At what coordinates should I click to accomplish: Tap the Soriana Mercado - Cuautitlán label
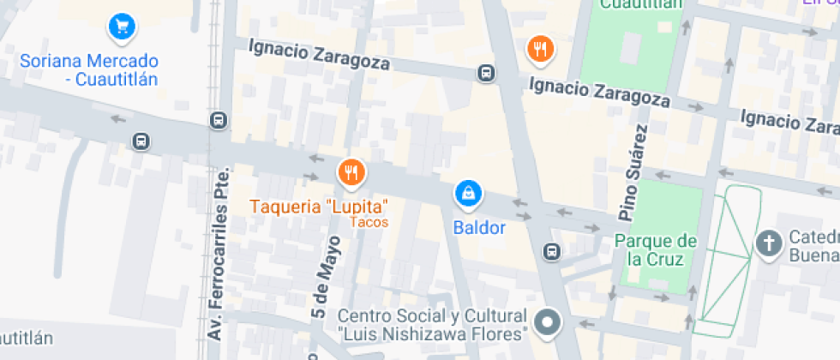[90, 70]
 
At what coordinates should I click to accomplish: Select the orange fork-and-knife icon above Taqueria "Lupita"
[351, 173]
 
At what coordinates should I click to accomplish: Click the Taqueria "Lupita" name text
[319, 207]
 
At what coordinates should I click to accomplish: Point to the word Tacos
[369, 223]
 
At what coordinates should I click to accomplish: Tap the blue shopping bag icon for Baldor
[468, 194]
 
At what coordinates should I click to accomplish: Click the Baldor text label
[480, 228]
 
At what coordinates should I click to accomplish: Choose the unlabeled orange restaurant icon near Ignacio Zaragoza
[539, 49]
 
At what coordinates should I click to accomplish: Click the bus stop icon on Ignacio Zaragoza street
[486, 74]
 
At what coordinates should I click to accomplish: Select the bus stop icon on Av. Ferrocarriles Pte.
[219, 120]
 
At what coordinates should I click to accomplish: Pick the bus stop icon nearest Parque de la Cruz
[552, 252]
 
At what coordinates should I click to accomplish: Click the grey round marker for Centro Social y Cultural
[546, 323]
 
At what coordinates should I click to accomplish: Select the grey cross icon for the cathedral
[769, 244]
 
